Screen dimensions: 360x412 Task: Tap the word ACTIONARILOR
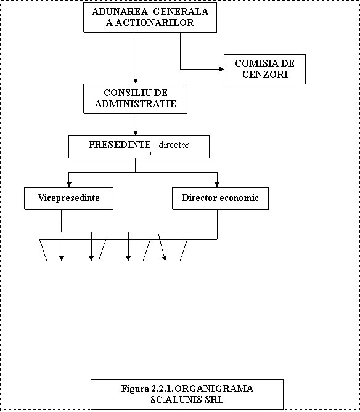154,23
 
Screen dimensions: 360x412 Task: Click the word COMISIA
253,63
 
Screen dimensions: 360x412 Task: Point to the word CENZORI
265,75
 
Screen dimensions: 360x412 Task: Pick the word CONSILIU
126,93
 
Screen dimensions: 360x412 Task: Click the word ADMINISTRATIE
136,104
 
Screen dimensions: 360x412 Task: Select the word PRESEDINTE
120,145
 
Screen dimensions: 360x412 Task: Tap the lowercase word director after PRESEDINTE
174,145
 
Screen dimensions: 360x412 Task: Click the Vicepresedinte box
68,198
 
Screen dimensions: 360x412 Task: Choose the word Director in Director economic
199,198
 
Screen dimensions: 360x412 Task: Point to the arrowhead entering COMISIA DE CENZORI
222,70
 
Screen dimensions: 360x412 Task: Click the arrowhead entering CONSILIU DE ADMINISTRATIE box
136,81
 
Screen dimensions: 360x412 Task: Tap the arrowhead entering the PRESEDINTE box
136,133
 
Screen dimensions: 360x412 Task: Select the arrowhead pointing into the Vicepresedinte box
69,185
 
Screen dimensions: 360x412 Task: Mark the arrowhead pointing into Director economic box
217,185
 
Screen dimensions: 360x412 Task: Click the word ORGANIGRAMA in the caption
214,389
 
